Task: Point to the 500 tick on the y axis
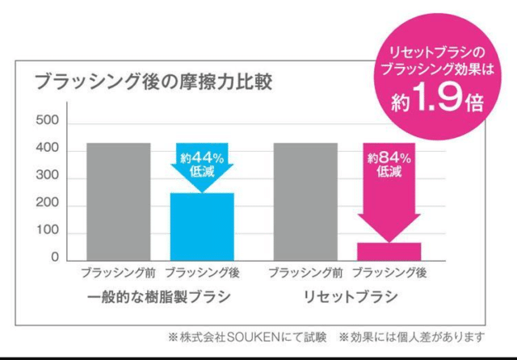pyautogui.click(x=51, y=122)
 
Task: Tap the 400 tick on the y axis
pyautogui.click(x=51, y=150)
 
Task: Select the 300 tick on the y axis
pyautogui.click(x=51, y=178)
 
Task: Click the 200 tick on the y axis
pyautogui.click(x=51, y=205)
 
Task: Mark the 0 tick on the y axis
pyautogui.click(x=55, y=258)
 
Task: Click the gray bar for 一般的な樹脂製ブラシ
pyautogui.click(x=118, y=203)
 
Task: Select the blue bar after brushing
pyautogui.click(x=201, y=228)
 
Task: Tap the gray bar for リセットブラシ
pyautogui.click(x=305, y=203)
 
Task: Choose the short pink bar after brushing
pyautogui.click(x=389, y=252)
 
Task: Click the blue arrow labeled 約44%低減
pyautogui.click(x=201, y=165)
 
